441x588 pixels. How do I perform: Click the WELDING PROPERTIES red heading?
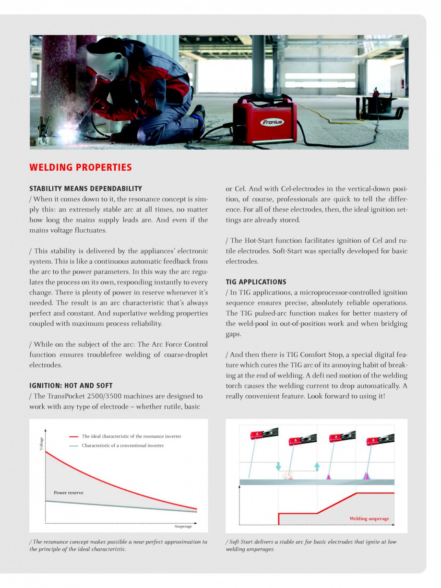[80, 167]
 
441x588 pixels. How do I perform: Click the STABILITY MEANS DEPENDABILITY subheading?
[85, 188]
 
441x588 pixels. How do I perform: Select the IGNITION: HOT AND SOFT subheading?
[71, 386]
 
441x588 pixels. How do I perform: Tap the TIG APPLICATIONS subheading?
[256, 282]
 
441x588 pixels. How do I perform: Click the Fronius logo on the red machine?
[272, 122]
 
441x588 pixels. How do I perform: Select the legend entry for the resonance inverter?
[131, 436]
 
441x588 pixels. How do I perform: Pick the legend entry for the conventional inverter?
[122, 446]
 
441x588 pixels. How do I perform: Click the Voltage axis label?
[41, 444]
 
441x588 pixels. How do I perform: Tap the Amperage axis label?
[183, 526]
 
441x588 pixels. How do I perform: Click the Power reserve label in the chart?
[68, 493]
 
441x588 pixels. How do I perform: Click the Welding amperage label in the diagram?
[369, 518]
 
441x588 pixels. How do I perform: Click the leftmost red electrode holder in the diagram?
[257, 435]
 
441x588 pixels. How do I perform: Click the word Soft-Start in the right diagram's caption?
[239, 542]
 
